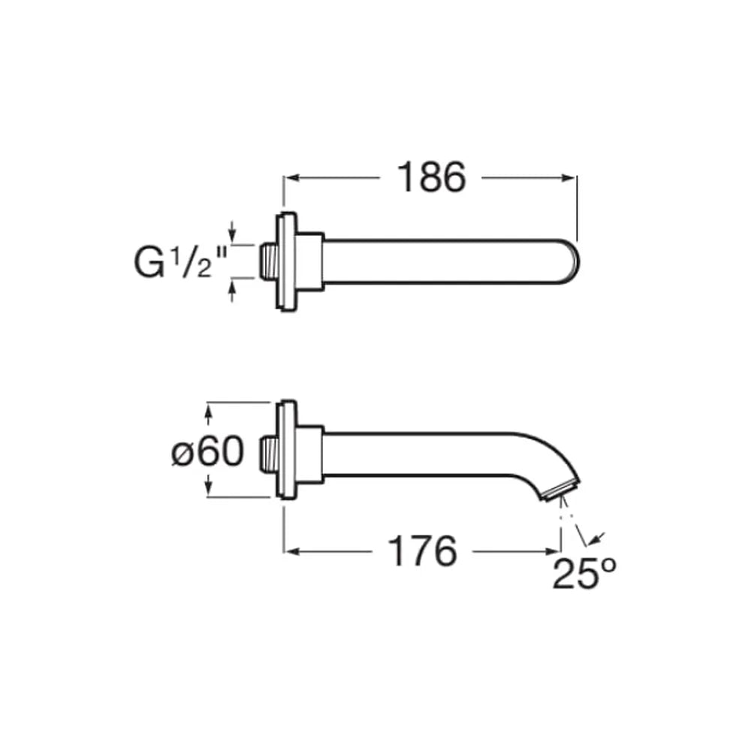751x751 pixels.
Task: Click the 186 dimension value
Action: (431, 177)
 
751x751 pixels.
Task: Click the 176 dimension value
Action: (422, 551)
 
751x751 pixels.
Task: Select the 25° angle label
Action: (584, 573)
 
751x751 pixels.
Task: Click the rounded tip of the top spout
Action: (572, 261)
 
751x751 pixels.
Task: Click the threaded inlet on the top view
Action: (267, 261)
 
